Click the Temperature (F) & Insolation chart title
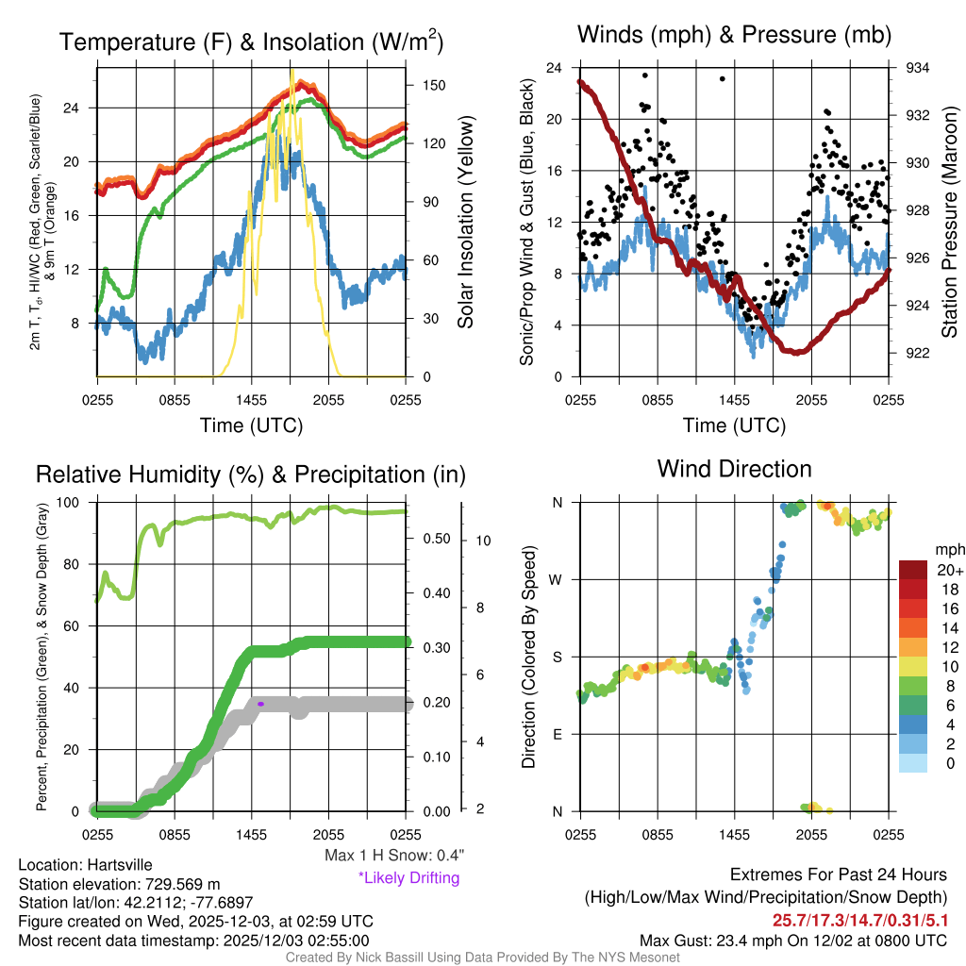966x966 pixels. [x=251, y=42]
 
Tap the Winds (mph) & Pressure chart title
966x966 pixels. [x=734, y=35]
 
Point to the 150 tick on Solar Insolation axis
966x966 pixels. [x=434, y=85]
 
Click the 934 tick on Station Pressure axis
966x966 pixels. [x=918, y=68]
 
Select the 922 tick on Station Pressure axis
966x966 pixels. [x=918, y=353]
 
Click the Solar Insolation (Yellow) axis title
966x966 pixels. [x=466, y=222]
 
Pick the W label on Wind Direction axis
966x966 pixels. [x=558, y=579]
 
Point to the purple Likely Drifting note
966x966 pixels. [x=408, y=878]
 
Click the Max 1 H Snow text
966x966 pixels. [x=393, y=856]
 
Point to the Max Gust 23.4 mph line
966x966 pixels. [x=792, y=940]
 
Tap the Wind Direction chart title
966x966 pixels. [x=734, y=469]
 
